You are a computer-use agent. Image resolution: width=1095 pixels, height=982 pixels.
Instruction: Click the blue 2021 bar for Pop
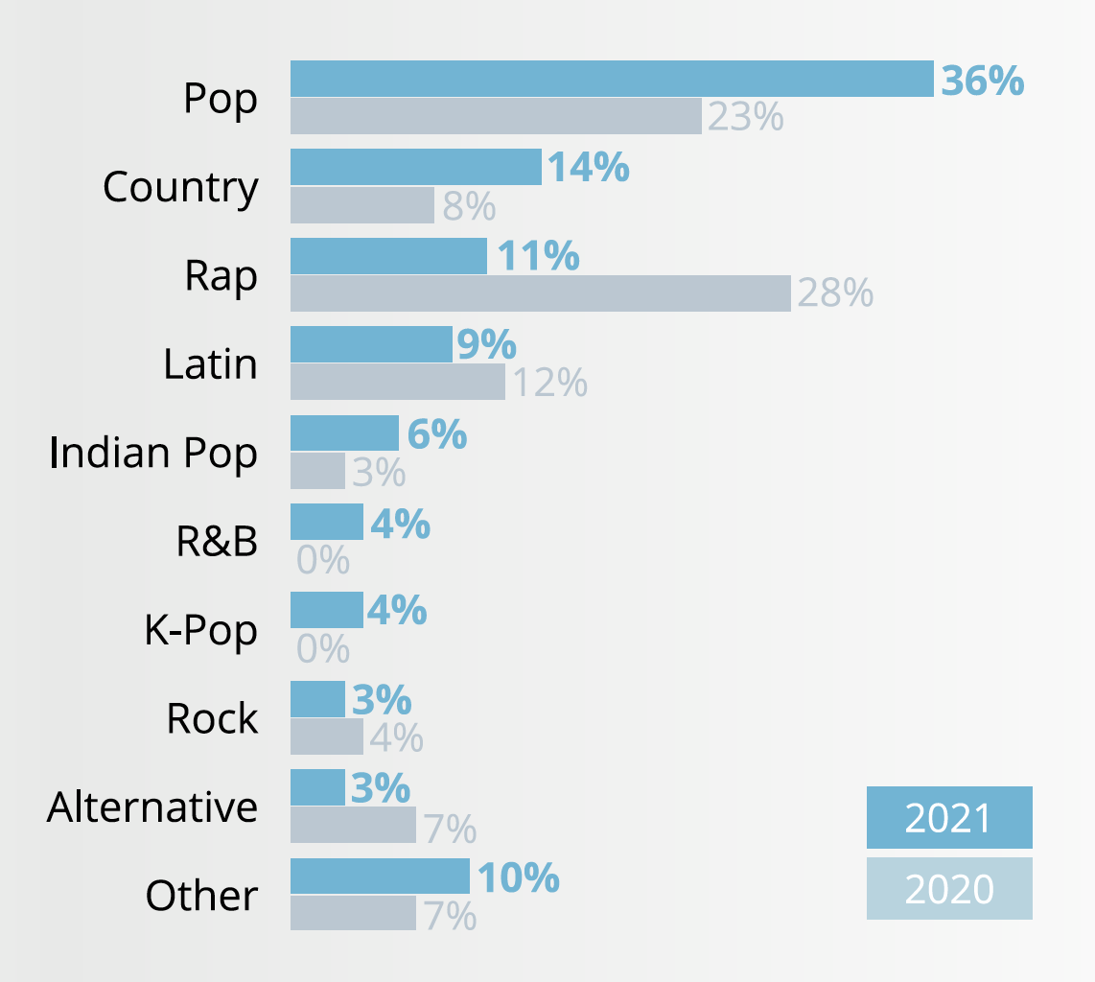pyautogui.click(x=612, y=79)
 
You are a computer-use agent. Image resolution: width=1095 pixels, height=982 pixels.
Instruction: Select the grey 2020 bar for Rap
pyautogui.click(x=540, y=293)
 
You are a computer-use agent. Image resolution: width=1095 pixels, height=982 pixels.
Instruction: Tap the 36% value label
pyautogui.click(x=982, y=81)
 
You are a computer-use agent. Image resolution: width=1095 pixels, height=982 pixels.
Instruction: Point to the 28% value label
pyautogui.click(x=834, y=293)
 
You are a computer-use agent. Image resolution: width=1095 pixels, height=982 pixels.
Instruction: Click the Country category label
pyautogui.click(x=180, y=187)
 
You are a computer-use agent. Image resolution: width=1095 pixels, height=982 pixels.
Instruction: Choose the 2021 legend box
pyautogui.click(x=948, y=818)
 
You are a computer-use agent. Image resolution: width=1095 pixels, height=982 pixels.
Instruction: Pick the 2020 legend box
pyautogui.click(x=948, y=889)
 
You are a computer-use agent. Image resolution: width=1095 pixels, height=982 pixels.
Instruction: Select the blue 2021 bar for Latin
pyautogui.click(x=371, y=344)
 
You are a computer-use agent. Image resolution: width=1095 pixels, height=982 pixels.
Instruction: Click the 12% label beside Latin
pyautogui.click(x=548, y=383)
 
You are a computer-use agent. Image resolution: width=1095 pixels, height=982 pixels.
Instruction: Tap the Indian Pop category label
pyautogui.click(x=153, y=453)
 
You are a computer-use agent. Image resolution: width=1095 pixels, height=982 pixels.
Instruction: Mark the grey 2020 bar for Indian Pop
pyautogui.click(x=317, y=471)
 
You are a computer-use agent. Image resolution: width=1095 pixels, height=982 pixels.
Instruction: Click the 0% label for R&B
pyautogui.click(x=323, y=560)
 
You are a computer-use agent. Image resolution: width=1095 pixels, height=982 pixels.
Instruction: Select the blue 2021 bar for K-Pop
pyautogui.click(x=326, y=610)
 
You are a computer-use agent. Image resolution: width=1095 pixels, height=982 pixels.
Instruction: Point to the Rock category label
pyautogui.click(x=212, y=718)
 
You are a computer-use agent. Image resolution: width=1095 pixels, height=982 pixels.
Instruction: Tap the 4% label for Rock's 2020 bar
pyautogui.click(x=396, y=737)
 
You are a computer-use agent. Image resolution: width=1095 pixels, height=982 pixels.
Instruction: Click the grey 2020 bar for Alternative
pyautogui.click(x=353, y=825)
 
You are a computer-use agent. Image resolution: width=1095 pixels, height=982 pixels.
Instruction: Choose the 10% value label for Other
pyautogui.click(x=518, y=877)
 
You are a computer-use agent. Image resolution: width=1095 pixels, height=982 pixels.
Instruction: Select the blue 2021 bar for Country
pyautogui.click(x=415, y=167)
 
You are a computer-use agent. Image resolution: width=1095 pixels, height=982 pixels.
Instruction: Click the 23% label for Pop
pyautogui.click(x=745, y=117)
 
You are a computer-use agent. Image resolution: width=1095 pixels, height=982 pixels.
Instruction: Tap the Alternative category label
pyautogui.click(x=152, y=807)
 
